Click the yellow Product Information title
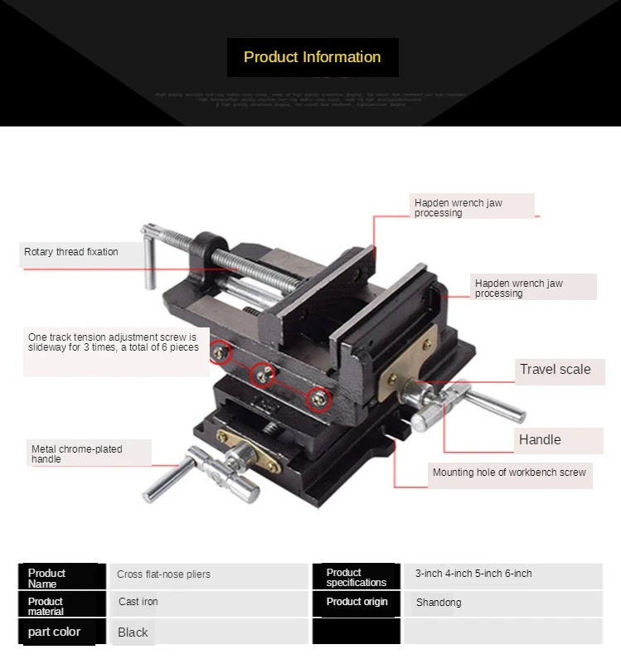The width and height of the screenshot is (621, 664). point(312,57)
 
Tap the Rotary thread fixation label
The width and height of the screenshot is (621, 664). point(71,252)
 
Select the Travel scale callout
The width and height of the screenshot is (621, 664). point(555,370)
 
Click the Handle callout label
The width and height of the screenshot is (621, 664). point(540,440)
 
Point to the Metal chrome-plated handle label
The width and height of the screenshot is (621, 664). point(77,453)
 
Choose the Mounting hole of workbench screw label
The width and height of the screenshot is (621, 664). point(509,473)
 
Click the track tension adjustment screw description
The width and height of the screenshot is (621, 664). point(113,342)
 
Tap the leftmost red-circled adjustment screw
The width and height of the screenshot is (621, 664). point(220,353)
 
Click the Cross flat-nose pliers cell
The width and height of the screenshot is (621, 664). point(163,574)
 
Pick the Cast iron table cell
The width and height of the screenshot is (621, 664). point(138,602)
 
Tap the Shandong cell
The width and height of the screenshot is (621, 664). point(438,603)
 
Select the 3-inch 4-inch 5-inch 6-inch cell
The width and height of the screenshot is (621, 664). point(473,574)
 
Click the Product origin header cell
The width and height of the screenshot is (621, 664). point(357,602)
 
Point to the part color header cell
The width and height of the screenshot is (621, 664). point(55,632)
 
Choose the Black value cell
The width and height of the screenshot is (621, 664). point(133,632)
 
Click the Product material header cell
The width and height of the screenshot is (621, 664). point(46,606)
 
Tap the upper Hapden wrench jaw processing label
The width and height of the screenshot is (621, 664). point(458,207)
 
